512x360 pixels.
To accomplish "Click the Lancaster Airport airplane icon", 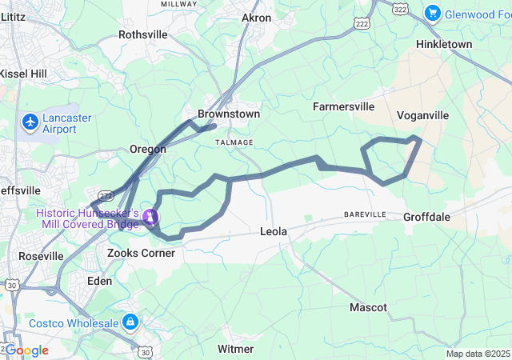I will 30,122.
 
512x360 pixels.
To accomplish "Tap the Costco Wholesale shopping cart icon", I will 130,322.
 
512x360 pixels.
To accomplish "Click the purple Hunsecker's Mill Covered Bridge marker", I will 150,217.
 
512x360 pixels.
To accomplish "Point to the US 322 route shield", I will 400,7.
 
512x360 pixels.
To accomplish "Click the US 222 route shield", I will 361,24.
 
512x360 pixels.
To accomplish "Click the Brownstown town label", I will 229,114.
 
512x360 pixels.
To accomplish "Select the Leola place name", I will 274,231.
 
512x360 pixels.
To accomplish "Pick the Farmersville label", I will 343,106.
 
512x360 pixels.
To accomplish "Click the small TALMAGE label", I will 234,142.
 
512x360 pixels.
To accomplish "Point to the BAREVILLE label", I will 365,214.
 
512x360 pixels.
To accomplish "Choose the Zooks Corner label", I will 141,253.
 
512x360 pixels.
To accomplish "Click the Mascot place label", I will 368,307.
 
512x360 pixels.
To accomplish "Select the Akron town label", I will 256,17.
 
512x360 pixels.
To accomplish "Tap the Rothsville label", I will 143,34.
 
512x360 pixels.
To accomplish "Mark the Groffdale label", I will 427,217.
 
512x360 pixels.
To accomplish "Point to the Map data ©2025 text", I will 478,354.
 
